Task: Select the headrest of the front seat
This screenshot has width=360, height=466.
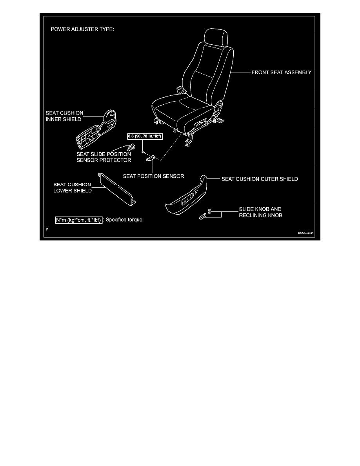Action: (x=215, y=38)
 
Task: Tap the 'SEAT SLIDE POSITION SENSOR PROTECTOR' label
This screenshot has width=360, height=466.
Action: (x=104, y=157)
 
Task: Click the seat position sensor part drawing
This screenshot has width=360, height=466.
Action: (x=151, y=158)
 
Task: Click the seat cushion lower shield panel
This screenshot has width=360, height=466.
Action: (x=116, y=189)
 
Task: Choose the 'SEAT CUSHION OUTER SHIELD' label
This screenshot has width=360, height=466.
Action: (x=260, y=179)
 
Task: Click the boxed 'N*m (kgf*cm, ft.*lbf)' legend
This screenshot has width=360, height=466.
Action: (x=79, y=220)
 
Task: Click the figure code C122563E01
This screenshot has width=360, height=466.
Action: (x=306, y=233)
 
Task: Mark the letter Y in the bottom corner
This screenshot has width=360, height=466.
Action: (x=47, y=229)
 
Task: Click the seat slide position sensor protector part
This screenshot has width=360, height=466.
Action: (x=133, y=147)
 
